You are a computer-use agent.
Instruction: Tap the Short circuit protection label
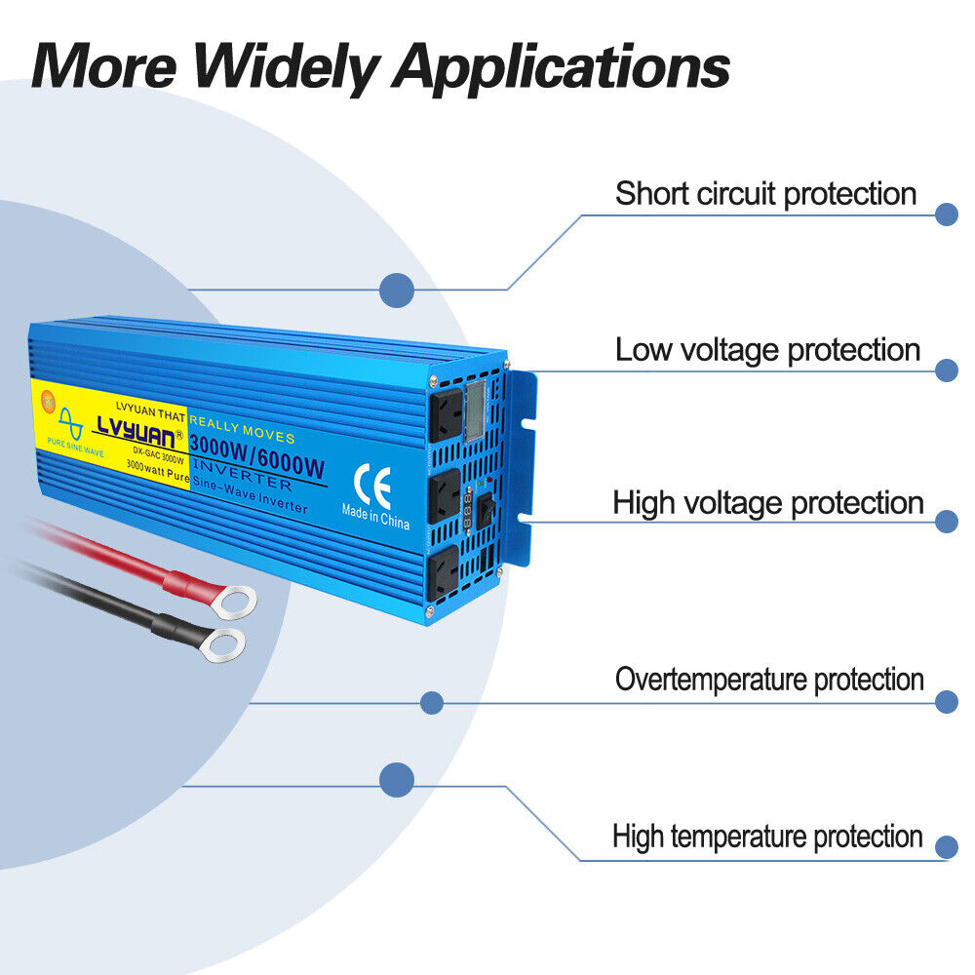tap(765, 193)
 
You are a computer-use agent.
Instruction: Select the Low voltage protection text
tap(767, 349)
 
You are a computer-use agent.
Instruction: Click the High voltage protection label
tap(767, 503)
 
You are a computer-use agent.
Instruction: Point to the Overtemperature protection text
tap(769, 679)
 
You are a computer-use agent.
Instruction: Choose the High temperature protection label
tap(767, 836)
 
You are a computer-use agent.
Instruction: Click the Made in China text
tap(375, 517)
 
